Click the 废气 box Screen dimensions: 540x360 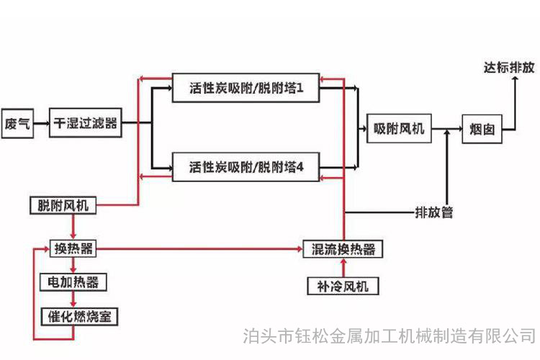pyautogui.click(x=17, y=123)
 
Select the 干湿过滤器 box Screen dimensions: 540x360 pyautogui.click(x=86, y=123)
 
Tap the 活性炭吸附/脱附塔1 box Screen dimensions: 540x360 pyautogui.click(x=246, y=88)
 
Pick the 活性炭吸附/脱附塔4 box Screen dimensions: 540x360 pyautogui.click(x=246, y=167)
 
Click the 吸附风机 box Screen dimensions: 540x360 pyautogui.click(x=399, y=128)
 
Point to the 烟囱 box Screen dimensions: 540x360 pyautogui.click(x=482, y=129)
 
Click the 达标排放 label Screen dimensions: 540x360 pyautogui.click(x=509, y=68)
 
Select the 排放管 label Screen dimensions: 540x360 pyautogui.click(x=434, y=212)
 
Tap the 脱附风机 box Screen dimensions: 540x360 pyautogui.click(x=63, y=205)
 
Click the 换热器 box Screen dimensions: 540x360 pyautogui.click(x=73, y=248)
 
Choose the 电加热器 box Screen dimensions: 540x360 pyautogui.click(x=73, y=282)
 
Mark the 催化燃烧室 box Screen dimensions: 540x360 pyautogui.click(x=79, y=316)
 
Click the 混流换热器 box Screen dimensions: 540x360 pyautogui.click(x=343, y=249)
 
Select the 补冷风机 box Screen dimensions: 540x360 pyautogui.click(x=343, y=286)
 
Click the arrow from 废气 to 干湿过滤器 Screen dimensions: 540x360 pyautogui.click(x=42, y=123)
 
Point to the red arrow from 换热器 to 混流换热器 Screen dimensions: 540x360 pyautogui.click(x=199, y=248)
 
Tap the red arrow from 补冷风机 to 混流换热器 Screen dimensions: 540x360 pyautogui.click(x=343, y=268)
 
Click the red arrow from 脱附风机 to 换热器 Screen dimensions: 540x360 pyautogui.click(x=73, y=227)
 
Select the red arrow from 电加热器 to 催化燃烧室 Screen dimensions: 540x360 pyautogui.click(x=73, y=300)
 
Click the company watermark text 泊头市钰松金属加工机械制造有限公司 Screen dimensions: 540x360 pyautogui.click(x=390, y=336)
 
